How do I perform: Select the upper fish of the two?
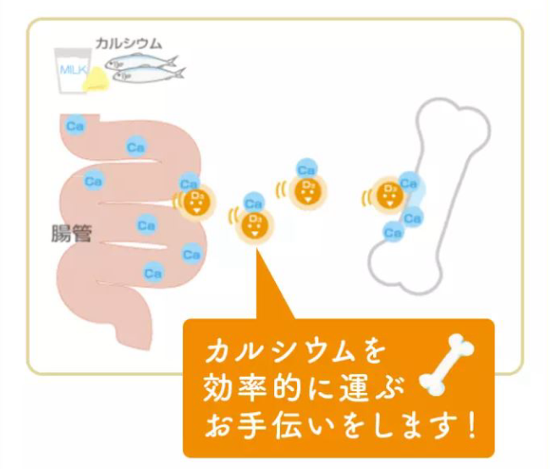coord(146,61)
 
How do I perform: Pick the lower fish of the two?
coord(150,76)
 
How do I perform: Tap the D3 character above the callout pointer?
coord(251,224)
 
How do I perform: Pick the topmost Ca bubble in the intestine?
coord(75,126)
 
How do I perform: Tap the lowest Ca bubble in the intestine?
coord(153,273)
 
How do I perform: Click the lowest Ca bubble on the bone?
coord(392,232)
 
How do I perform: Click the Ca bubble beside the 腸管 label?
coord(146,225)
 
